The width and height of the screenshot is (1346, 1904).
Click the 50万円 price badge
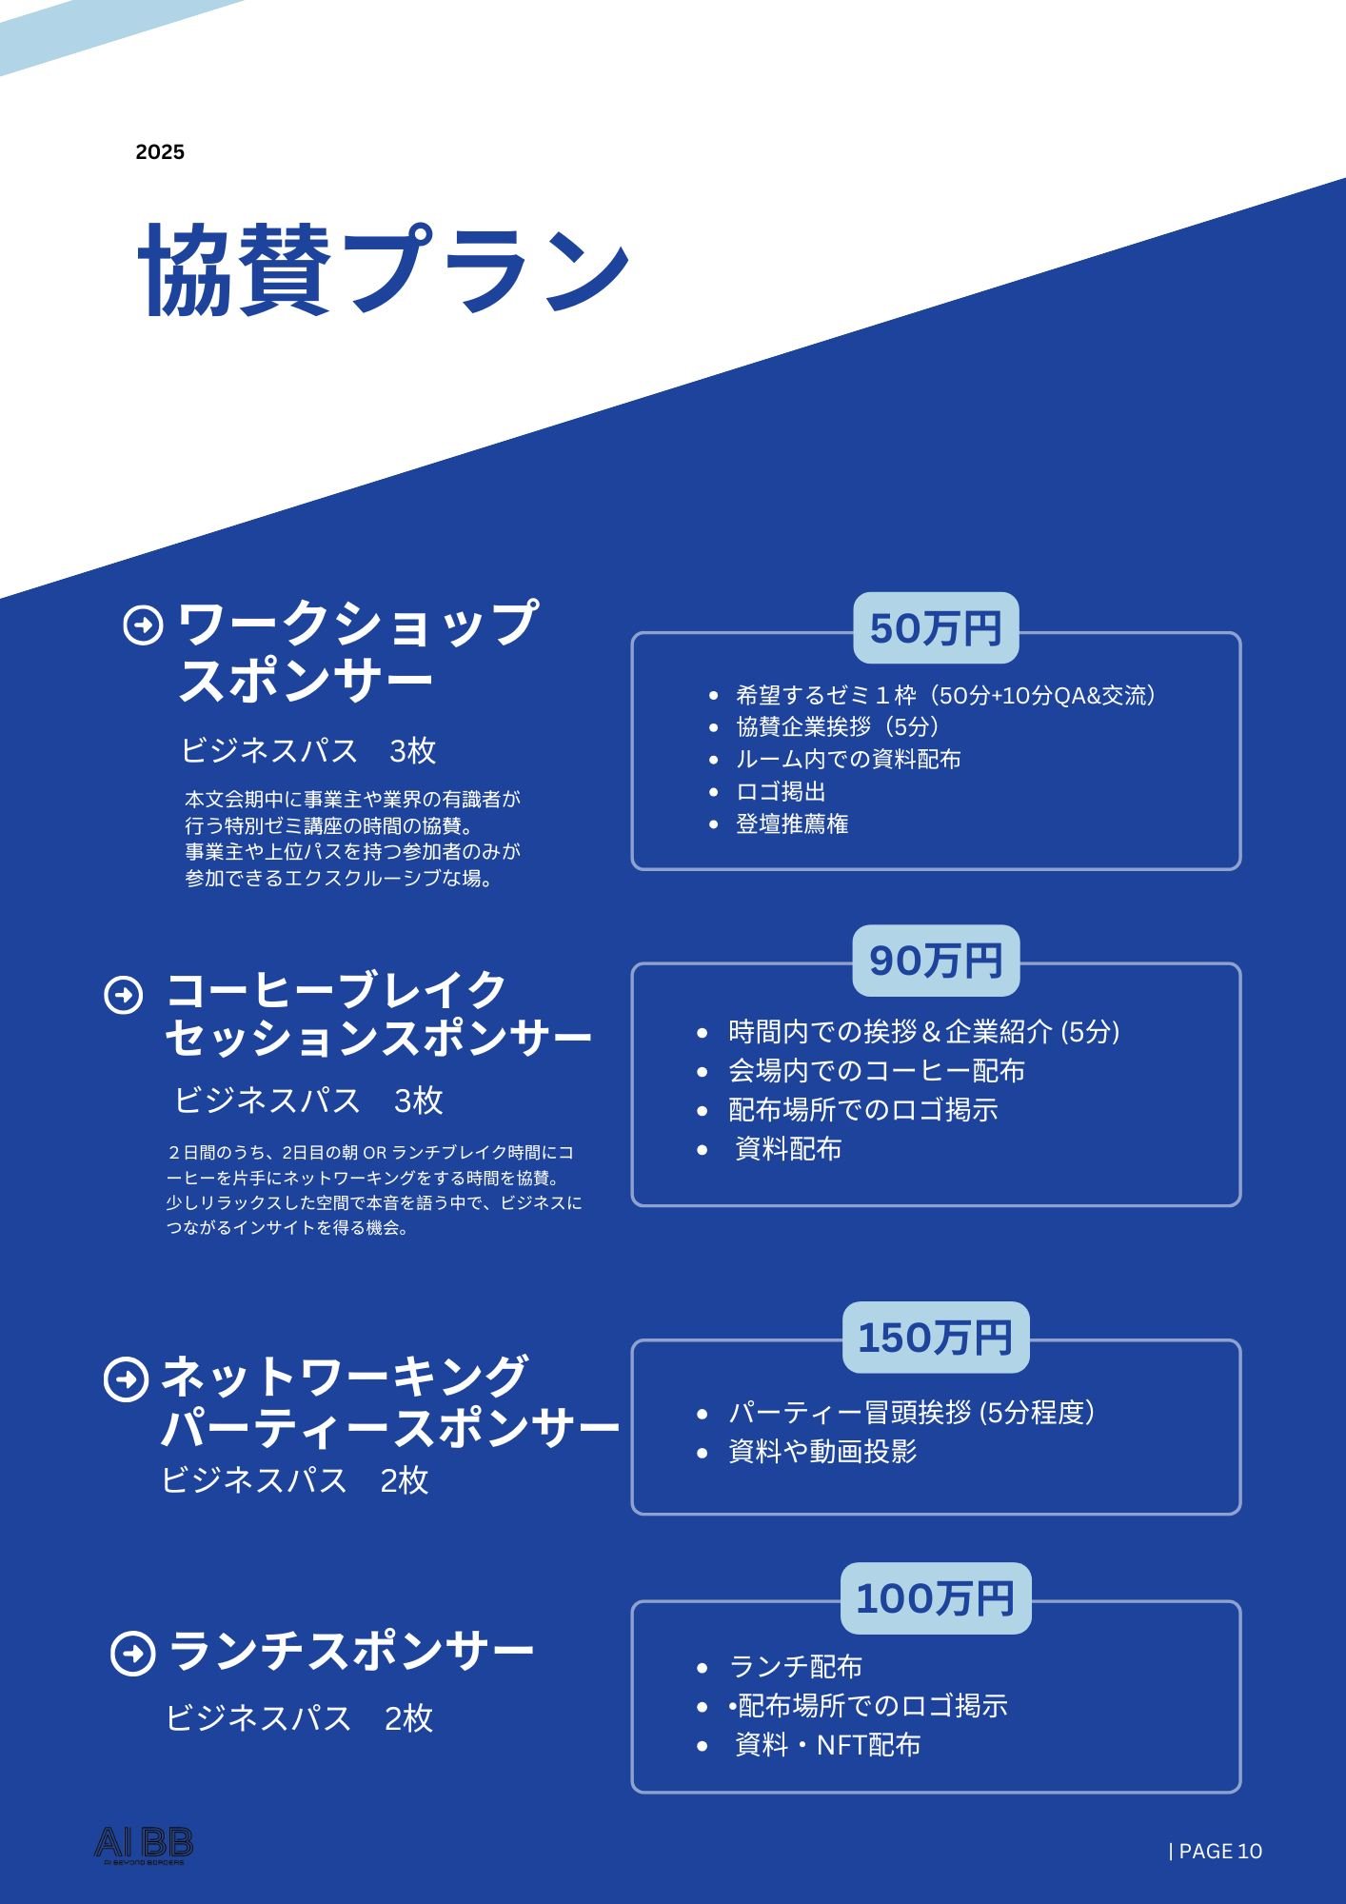[936, 628]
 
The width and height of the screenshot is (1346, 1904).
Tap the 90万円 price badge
[936, 961]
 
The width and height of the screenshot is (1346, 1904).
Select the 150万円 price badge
[936, 1338]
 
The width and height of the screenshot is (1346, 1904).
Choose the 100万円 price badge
[936, 1598]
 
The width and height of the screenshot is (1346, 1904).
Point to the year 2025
[160, 152]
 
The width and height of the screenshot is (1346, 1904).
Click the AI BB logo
[144, 1845]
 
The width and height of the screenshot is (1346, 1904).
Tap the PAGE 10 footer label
[1215, 1851]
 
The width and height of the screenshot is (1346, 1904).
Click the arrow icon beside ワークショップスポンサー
[144, 625]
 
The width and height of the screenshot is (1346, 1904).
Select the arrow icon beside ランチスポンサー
[132, 1654]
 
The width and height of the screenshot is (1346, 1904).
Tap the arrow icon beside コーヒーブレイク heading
[124, 995]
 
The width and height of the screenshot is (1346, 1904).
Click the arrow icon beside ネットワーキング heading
[126, 1379]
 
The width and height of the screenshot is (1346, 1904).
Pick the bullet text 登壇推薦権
[792, 823]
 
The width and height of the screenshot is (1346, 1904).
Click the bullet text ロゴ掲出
[781, 791]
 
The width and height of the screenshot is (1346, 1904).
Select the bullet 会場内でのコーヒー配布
[877, 1071]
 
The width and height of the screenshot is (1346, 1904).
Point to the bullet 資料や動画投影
[822, 1452]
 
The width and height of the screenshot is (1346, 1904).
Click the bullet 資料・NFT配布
[828, 1745]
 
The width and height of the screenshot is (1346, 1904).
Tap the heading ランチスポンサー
[351, 1652]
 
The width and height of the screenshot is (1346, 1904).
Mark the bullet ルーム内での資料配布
[848, 759]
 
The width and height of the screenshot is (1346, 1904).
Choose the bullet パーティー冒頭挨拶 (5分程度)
[911, 1413]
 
